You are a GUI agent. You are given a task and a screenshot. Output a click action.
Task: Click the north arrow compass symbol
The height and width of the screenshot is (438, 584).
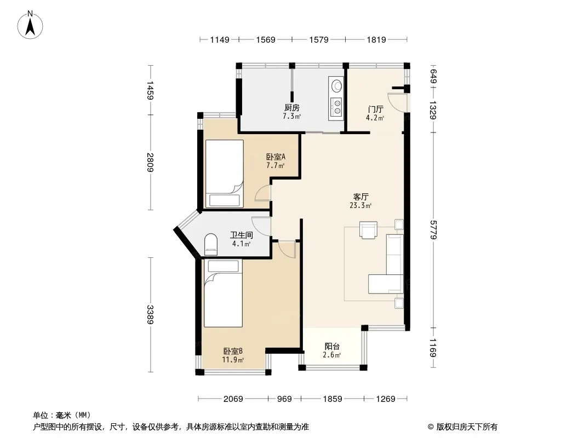coord(30,25)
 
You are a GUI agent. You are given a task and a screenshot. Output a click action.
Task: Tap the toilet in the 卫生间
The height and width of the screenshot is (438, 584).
coord(211,245)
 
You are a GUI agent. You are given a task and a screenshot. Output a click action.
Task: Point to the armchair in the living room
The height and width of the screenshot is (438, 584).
coord(368,229)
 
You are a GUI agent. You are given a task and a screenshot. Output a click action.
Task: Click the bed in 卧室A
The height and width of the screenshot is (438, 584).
coord(224,174)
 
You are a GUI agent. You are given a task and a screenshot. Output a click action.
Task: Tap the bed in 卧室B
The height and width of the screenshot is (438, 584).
coord(223,293)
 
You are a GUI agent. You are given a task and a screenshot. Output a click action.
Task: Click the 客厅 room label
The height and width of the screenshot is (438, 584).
coord(361,197)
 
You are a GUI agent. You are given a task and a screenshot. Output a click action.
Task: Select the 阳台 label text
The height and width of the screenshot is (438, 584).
coord(332,347)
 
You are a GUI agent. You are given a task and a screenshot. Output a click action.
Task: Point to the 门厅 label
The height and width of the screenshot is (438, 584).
coord(375,109)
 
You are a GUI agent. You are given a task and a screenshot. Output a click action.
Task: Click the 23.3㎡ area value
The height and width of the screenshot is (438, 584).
coord(360,205)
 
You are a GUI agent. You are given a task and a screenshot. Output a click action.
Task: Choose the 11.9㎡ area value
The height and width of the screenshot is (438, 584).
coord(233,360)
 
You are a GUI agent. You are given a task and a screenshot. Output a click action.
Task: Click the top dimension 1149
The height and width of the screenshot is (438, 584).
coord(220,39)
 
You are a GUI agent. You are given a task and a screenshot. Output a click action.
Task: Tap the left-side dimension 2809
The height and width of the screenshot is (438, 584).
coord(150,162)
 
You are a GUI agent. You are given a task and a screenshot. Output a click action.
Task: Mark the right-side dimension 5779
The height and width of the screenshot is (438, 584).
coord(433,229)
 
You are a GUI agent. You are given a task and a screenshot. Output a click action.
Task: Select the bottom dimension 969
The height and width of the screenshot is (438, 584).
coord(284,399)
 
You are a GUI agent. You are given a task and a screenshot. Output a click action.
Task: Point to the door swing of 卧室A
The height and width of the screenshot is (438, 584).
coord(263,193)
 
